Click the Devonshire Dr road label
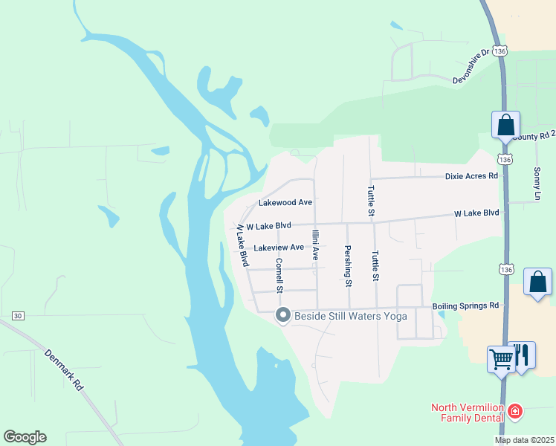click(471, 65)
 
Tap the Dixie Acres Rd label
click(471, 176)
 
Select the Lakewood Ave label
click(285, 202)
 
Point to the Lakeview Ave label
click(279, 248)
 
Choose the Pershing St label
click(347, 265)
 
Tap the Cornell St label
click(279, 275)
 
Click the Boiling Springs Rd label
click(466, 306)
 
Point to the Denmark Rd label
click(63, 370)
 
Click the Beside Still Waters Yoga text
click(351, 317)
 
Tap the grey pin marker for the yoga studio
click(282, 316)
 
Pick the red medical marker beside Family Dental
click(514, 410)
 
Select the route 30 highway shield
click(17, 316)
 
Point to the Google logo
click(25, 437)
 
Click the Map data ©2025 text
click(524, 440)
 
